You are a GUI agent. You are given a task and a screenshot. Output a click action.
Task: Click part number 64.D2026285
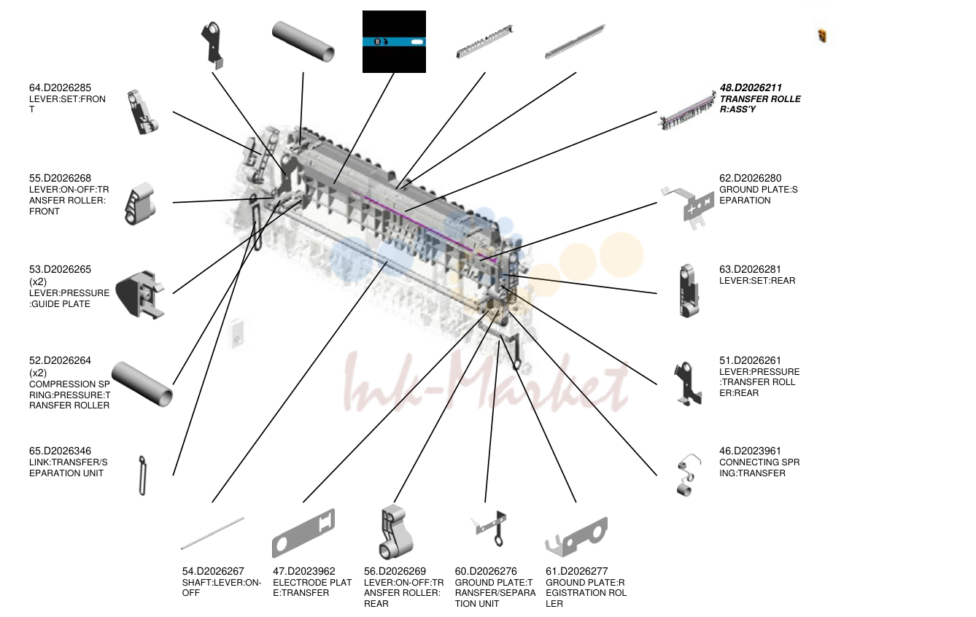tap(60, 88)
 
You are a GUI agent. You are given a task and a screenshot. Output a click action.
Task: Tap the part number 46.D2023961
tap(750, 451)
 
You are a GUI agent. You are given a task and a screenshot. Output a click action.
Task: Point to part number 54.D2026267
tap(213, 571)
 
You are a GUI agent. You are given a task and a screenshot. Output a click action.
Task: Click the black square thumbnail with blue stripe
tap(394, 42)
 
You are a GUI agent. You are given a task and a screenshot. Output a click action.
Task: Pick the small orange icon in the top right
tap(822, 36)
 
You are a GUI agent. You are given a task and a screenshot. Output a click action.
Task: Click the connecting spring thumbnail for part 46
tap(688, 476)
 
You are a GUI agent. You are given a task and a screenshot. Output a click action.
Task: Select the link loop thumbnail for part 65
tap(142, 476)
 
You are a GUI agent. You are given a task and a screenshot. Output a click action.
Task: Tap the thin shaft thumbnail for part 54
tap(212, 533)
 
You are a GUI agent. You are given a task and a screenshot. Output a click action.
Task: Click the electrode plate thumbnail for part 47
tap(303, 534)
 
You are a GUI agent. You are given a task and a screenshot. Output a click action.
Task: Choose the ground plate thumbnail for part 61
tap(576, 538)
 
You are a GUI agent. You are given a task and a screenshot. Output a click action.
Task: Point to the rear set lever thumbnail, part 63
tap(689, 291)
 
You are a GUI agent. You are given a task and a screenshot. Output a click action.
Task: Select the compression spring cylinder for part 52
tap(142, 384)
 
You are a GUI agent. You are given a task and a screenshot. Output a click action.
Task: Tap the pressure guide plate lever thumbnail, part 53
tap(140, 294)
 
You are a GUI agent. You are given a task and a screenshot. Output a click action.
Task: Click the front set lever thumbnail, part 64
tap(142, 112)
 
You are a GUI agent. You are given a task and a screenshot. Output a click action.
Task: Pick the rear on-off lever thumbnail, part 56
tap(395, 532)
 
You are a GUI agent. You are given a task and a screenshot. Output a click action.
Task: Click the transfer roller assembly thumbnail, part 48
tap(686, 112)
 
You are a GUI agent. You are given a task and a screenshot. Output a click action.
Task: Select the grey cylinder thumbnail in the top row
tap(303, 42)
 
